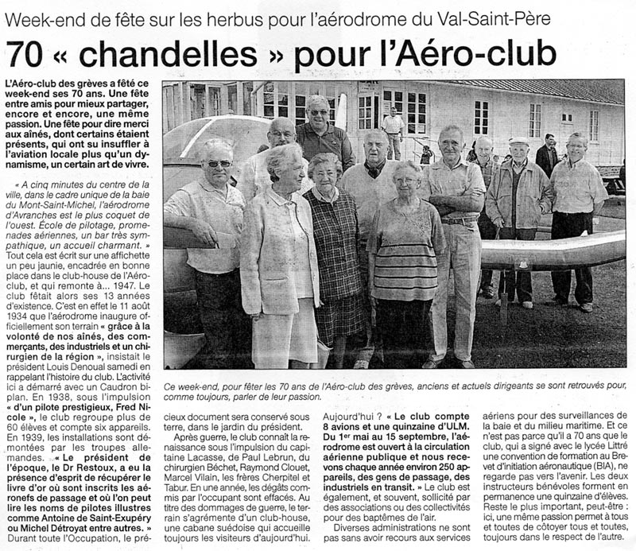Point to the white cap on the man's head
pos(519,140)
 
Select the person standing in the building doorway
pos(392,131)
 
